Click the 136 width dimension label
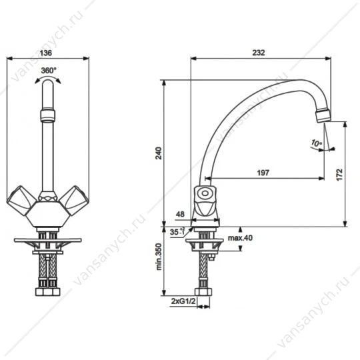point(46,53)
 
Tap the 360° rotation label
point(49,71)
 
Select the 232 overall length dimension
point(259,53)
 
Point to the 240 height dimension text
point(159,153)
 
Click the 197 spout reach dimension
point(263,173)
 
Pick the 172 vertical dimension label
point(339,175)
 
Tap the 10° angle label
point(317,143)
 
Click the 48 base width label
point(180,214)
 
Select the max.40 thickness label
point(240,238)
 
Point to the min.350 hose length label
point(159,257)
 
